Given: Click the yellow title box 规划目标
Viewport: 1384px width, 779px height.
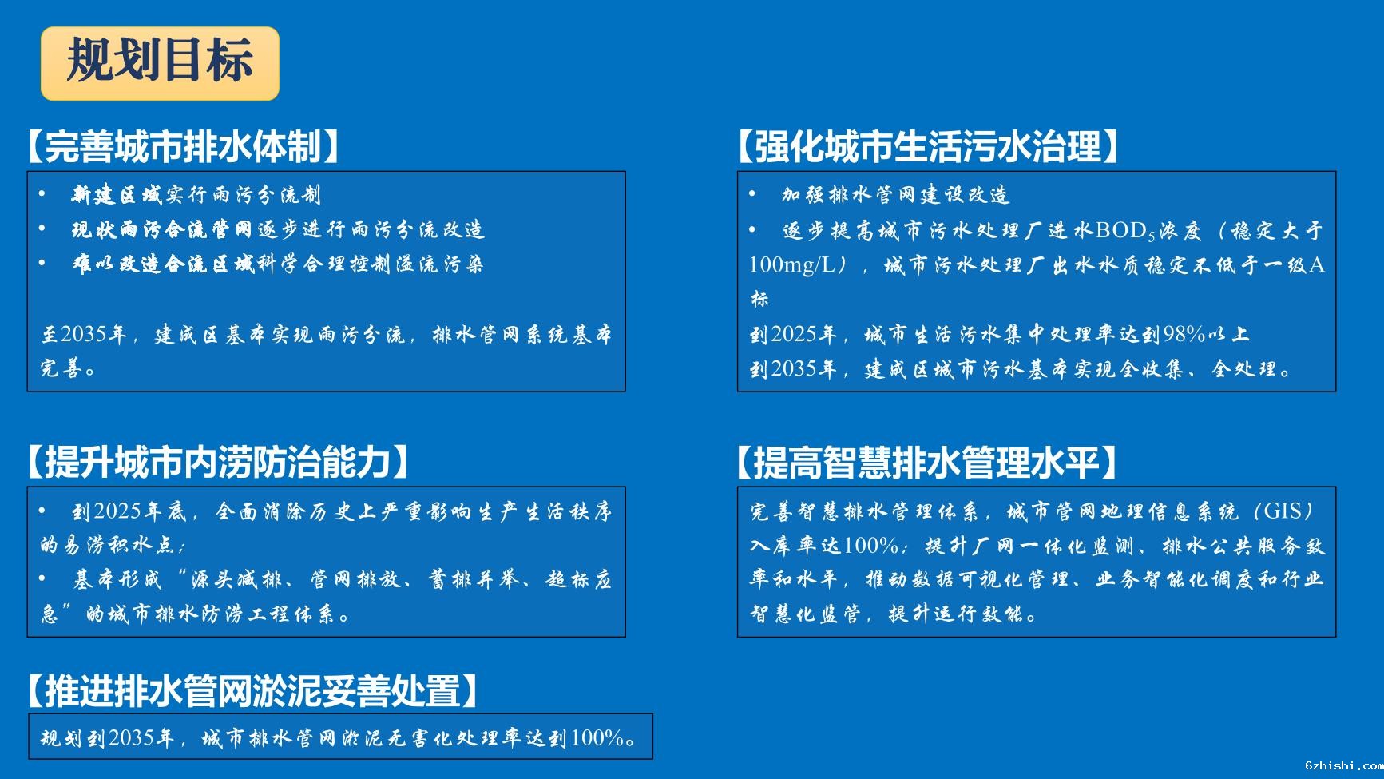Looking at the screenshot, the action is [x=160, y=63].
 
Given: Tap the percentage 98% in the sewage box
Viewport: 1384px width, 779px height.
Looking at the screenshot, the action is [x=1184, y=334].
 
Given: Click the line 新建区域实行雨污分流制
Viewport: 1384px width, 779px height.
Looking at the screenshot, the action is [x=196, y=195].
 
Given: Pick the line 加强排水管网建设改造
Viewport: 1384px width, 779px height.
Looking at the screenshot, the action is [x=896, y=195].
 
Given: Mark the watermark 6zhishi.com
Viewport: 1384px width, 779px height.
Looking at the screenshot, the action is [x=1343, y=765].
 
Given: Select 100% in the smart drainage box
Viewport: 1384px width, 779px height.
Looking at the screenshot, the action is [x=870, y=546].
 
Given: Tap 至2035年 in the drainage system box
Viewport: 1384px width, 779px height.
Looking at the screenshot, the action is [x=85, y=334].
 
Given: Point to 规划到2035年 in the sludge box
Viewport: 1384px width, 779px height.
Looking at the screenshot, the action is [x=107, y=737].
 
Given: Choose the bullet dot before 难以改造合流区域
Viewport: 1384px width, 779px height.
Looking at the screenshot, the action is [x=42, y=263].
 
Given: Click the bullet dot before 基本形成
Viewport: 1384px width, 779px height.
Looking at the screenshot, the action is [x=42, y=578].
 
